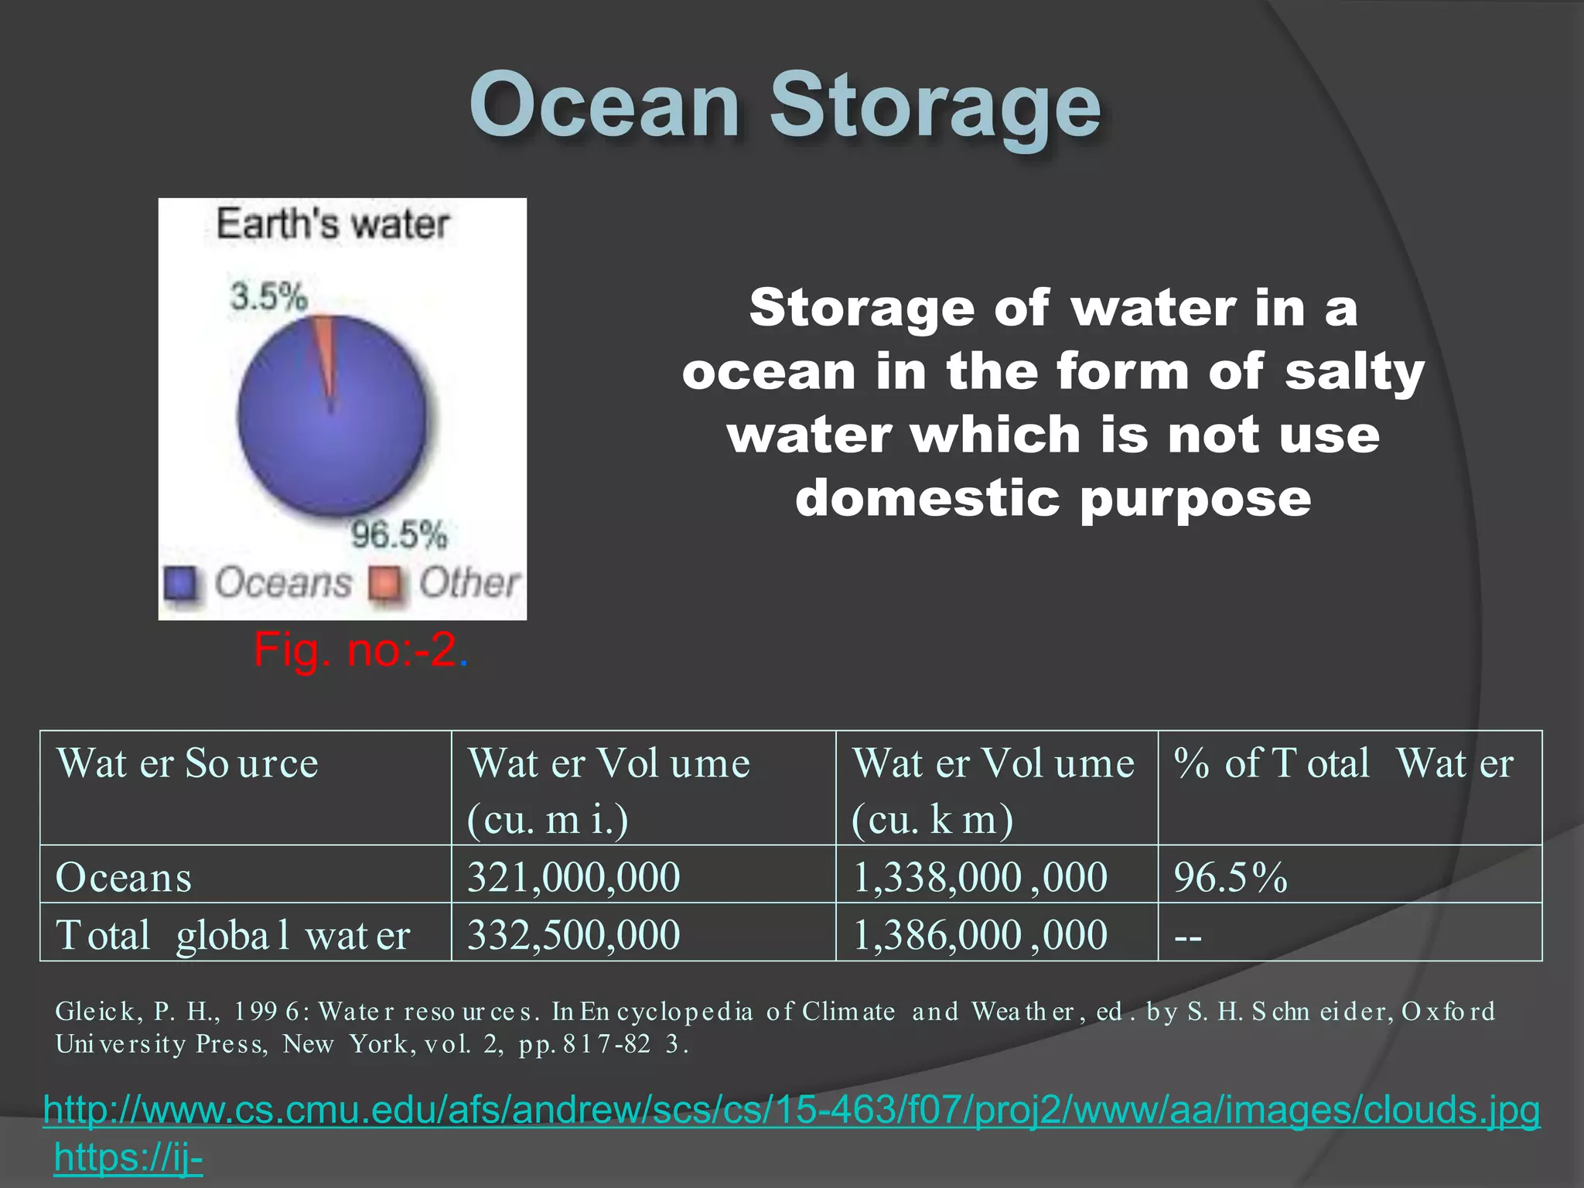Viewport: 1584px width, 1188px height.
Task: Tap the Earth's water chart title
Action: pyautogui.click(x=333, y=224)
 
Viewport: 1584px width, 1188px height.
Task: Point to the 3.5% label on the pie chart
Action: pyautogui.click(x=268, y=296)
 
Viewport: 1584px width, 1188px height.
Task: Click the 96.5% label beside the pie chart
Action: pyautogui.click(x=399, y=534)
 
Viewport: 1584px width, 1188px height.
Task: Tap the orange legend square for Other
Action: pyautogui.click(x=384, y=583)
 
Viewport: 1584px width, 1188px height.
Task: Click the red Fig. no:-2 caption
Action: pyautogui.click(x=360, y=650)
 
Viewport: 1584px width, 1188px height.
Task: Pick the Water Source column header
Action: pyautogui.click(x=187, y=763)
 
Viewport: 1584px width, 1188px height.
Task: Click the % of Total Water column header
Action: pyautogui.click(x=1343, y=763)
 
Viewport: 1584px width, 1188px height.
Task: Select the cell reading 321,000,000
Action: pyautogui.click(x=573, y=877)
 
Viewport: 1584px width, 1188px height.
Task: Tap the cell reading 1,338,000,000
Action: pyautogui.click(x=980, y=877)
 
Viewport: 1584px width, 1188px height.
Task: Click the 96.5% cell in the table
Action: pyautogui.click(x=1230, y=877)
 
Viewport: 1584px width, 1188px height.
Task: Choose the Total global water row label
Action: pyautogui.click(x=232, y=935)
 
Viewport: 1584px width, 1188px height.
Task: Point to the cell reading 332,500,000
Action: pyautogui.click(x=573, y=935)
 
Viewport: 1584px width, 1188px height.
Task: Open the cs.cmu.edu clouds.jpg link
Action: pyautogui.click(x=790, y=1109)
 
